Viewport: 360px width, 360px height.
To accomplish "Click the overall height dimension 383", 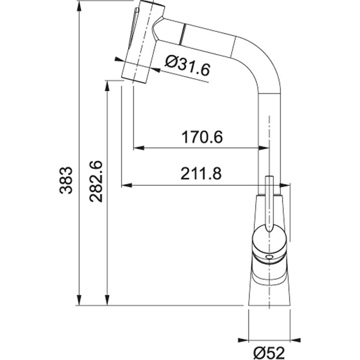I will [x=67, y=180].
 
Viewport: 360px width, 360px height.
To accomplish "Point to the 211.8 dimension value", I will [x=201, y=174].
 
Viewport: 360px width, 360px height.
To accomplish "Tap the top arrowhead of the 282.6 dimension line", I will [x=108, y=86].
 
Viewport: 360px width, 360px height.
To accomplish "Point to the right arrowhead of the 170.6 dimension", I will [x=263, y=148].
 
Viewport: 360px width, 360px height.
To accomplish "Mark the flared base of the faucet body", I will [x=269, y=289].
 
